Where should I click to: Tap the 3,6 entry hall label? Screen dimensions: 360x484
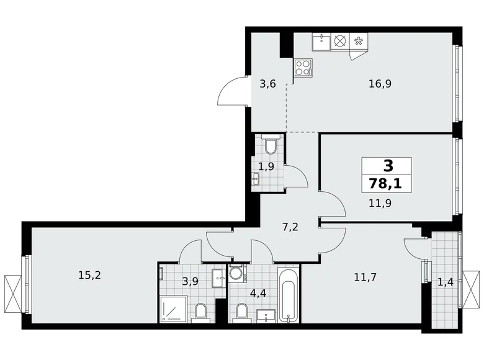coord(268,84)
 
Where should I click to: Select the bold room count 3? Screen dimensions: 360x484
coord(388,166)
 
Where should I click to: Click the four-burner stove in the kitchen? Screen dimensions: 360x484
coord(304,67)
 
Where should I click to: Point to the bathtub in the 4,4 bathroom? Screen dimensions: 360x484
coord(289,295)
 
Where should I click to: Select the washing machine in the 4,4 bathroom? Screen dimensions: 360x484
coord(236,273)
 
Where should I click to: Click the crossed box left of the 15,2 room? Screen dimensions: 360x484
coord(12,288)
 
